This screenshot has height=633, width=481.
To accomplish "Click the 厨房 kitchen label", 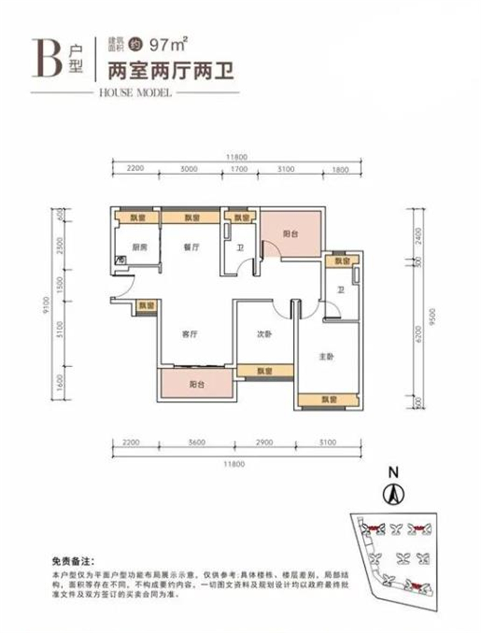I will pyautogui.click(x=140, y=246).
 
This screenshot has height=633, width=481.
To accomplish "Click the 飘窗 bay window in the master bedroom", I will pyautogui.click(x=328, y=399).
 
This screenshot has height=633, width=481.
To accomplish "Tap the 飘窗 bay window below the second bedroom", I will pyautogui.click(x=265, y=371).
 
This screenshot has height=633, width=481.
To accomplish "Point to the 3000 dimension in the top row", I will pyautogui.click(x=189, y=170).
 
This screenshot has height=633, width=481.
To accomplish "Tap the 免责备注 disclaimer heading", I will pyautogui.click(x=74, y=561).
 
